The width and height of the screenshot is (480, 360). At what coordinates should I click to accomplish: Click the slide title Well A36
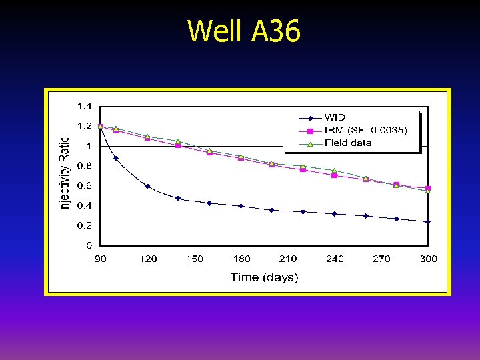pos(244,31)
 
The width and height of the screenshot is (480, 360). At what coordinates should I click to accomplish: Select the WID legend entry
pos(335,118)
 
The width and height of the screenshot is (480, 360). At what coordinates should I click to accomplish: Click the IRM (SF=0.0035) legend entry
pos(364,131)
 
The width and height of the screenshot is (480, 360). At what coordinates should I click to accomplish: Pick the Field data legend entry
pos(347,143)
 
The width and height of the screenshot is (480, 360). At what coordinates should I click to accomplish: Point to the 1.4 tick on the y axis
pos(85,106)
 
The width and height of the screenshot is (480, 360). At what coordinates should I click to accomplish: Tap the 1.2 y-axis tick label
pos(85,126)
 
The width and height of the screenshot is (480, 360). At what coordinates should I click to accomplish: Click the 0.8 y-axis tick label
pos(85,166)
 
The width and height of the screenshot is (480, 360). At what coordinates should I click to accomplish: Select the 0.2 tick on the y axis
pos(85,226)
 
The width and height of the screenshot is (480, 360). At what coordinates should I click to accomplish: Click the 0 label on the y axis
pos(89,246)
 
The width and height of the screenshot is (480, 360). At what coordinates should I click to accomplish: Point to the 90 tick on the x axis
pos(100,259)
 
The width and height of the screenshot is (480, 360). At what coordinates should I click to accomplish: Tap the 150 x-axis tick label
pos(195,259)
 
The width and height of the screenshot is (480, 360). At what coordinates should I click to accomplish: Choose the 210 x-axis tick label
pos(288,259)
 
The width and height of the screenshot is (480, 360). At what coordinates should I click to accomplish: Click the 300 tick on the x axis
pos(428,259)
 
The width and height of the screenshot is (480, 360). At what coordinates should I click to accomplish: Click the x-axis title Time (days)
pos(264,277)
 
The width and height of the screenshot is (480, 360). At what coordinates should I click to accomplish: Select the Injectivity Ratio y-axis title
pos(65,175)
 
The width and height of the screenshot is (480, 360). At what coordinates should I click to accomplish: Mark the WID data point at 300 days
pos(428,221)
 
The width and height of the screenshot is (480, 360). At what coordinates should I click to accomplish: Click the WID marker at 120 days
pos(147,186)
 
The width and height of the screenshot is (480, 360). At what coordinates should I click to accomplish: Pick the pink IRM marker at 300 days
pos(428,189)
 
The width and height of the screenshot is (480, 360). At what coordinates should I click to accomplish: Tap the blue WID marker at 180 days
pos(241,206)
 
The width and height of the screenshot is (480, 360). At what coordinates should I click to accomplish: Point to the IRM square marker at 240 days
pos(334,175)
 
